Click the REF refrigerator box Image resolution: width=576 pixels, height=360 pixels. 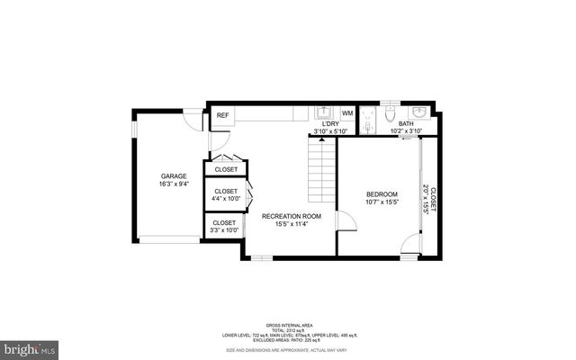[222, 115]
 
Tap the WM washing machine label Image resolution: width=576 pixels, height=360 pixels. [347, 114]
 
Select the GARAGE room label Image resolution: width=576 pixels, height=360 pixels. [174, 175]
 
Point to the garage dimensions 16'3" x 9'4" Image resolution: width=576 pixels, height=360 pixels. [174, 184]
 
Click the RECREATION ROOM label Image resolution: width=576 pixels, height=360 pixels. [292, 217]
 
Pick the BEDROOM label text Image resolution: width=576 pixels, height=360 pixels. [381, 194]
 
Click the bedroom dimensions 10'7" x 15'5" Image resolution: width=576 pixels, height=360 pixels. [381, 203]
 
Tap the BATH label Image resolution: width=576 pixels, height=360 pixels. [406, 124]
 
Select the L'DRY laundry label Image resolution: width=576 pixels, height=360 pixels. [330, 124]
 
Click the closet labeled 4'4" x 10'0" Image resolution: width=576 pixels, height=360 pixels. [226, 194]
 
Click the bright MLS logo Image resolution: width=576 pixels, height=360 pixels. [30, 346]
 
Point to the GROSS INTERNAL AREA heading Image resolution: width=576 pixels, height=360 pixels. [288, 325]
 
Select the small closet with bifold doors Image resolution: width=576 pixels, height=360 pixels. [226, 168]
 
